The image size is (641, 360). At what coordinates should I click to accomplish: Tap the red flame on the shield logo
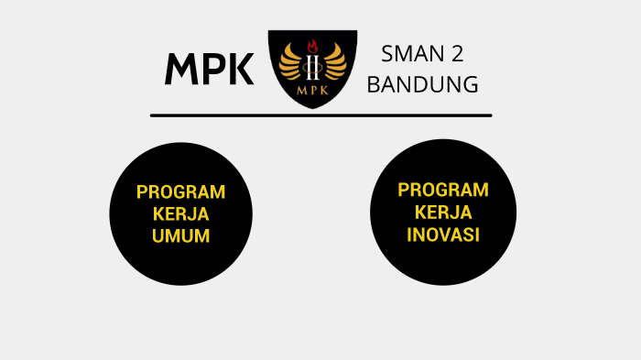coord(312,45)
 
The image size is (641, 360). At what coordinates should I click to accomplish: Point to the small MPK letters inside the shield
coord(312,91)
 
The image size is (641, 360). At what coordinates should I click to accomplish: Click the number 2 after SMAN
coord(455,56)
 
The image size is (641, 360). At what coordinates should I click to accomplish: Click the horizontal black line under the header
coord(320,115)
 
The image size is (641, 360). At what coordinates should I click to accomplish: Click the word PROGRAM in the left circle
coord(180,192)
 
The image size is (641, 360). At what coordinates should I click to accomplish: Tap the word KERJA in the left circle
coord(180,214)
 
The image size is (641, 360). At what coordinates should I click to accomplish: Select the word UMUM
coord(180,235)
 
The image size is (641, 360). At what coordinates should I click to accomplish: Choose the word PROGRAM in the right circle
coord(443,190)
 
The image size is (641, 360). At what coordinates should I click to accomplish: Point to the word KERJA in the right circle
coord(443,212)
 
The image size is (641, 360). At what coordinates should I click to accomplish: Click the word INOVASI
coord(443,234)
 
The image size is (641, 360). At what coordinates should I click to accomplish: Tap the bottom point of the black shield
coord(312,107)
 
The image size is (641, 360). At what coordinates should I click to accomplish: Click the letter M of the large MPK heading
coord(182,70)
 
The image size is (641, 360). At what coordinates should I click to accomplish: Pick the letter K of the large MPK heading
coord(239,70)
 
